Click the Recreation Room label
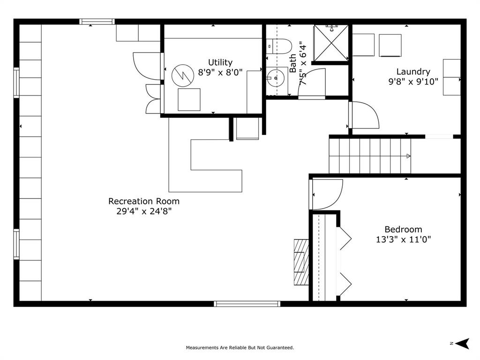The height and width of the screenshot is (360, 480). pyautogui.click(x=144, y=201)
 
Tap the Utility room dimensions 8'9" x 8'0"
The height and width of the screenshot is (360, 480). pyautogui.click(x=220, y=73)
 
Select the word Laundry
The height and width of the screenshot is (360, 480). pyautogui.click(x=413, y=72)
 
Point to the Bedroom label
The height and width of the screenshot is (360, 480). pyautogui.click(x=403, y=229)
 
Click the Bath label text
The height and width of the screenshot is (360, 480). pyautogui.click(x=293, y=63)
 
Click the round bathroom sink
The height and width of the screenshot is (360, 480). pyautogui.click(x=276, y=78)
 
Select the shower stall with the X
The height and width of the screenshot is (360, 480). pyautogui.click(x=331, y=43)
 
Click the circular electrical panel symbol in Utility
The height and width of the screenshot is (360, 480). pyautogui.click(x=183, y=75)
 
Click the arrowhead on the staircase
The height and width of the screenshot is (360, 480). pyautogui.click(x=408, y=156)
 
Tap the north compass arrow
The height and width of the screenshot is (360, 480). pyautogui.click(x=462, y=344)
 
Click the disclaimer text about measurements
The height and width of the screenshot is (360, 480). pyautogui.click(x=240, y=347)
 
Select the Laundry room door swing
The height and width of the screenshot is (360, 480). pyautogui.click(x=364, y=115)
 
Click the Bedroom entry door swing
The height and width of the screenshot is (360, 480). pyautogui.click(x=326, y=195)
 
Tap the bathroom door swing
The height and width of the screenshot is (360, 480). pyautogui.click(x=312, y=82)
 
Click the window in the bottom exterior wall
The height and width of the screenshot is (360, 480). pyautogui.click(x=247, y=304)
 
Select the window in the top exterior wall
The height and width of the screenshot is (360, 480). pyautogui.click(x=97, y=22)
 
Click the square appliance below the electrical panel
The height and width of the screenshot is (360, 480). pyautogui.click(x=189, y=99)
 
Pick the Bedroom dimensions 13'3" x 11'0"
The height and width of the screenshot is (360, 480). pyautogui.click(x=403, y=239)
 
